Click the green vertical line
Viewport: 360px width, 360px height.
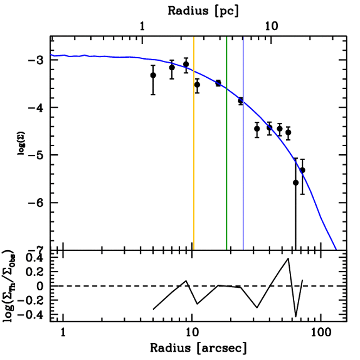[226, 158]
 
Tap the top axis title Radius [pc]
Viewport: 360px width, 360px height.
[203, 10]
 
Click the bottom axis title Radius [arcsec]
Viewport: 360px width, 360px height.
[198, 348]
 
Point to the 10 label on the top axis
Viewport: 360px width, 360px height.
[271, 26]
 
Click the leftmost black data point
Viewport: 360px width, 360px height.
[153, 75]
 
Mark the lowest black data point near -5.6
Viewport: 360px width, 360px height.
[296, 182]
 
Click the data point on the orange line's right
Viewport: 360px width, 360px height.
[197, 84]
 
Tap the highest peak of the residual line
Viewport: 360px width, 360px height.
[288, 258]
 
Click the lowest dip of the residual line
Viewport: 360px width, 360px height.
[296, 316]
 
